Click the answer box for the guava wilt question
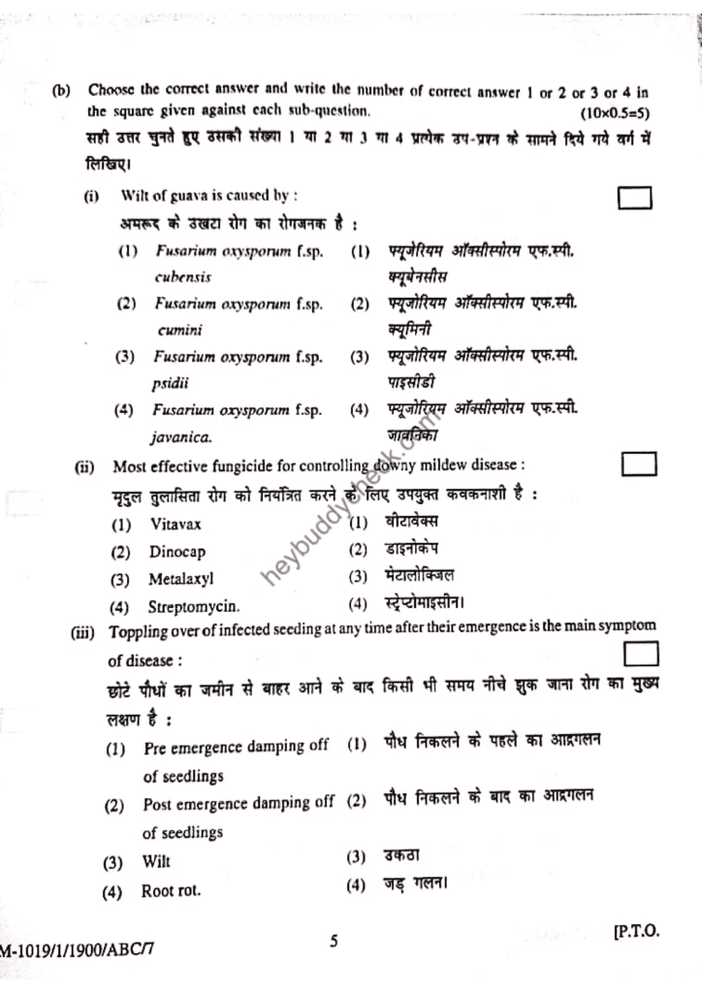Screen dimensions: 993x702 coord(635,198)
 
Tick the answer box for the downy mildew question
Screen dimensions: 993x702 coord(639,464)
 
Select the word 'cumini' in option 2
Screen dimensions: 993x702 coord(180,330)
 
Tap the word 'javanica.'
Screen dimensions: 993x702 coord(181,437)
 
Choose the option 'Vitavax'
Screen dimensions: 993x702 coord(176,525)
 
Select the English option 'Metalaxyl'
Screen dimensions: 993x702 coord(180,580)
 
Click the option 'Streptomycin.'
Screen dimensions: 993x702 coord(194,608)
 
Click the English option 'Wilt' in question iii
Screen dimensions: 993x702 coord(156,861)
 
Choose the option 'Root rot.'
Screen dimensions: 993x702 coord(172,890)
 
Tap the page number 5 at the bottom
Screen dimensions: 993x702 coord(334,941)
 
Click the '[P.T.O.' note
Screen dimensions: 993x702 coord(635,931)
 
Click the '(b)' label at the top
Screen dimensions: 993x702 coord(62,91)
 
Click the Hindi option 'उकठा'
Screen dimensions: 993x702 coord(401,855)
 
